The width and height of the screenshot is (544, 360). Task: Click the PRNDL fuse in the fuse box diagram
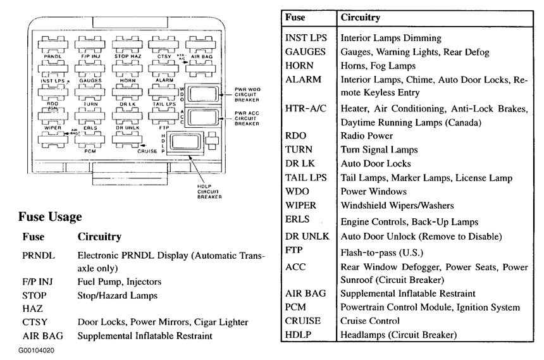[52, 45]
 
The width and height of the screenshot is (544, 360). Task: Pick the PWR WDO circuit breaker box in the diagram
[204, 95]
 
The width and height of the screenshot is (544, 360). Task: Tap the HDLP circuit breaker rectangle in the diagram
[184, 142]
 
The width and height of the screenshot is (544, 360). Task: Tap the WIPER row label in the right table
[300, 206]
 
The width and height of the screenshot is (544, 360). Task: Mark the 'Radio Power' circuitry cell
[367, 136]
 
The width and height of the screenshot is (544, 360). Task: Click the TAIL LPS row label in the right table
[306, 178]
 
